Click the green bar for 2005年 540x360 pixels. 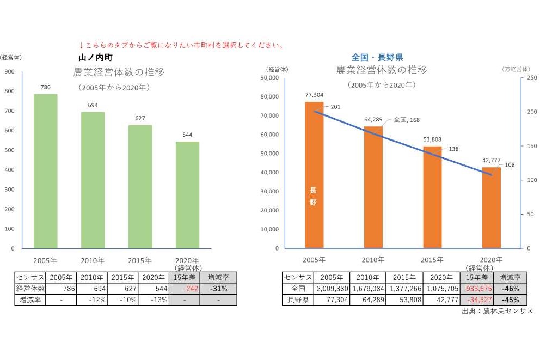[46, 171]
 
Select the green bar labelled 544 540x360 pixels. [187, 195]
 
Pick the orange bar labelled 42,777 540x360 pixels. [491, 208]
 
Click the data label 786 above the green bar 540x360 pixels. [46, 87]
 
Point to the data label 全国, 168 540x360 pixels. [406, 119]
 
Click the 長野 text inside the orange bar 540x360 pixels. [313, 196]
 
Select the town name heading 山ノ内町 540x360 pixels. [95, 57]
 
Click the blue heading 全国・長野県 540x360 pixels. [377, 57]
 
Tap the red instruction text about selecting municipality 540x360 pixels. [181, 45]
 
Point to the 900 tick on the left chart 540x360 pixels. [9, 71]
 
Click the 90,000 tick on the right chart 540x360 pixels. [269, 78]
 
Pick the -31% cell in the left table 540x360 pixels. [218, 289]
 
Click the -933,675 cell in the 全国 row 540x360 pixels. [476, 289]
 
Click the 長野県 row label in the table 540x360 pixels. [297, 300]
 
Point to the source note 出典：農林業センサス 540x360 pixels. [496, 310]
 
